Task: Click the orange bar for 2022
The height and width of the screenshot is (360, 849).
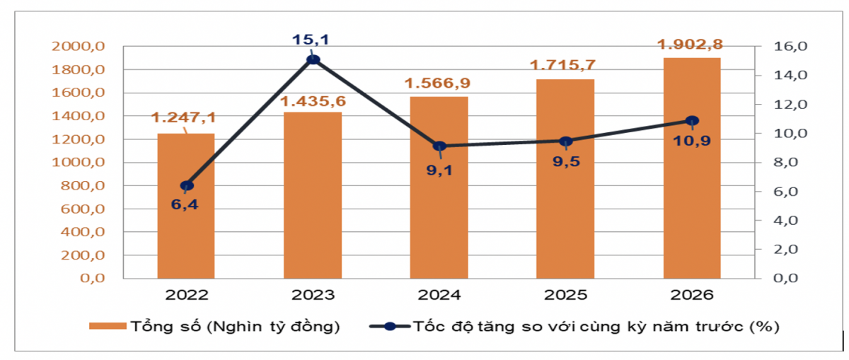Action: [186, 212]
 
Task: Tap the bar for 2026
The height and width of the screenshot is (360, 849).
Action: [692, 170]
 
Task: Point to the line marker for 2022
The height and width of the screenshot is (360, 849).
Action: [187, 186]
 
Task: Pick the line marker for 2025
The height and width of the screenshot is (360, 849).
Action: [565, 141]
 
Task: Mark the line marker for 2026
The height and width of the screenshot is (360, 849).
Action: [692, 121]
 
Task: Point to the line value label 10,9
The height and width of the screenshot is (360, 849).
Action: [692, 141]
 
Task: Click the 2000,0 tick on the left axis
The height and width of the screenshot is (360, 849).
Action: [79, 47]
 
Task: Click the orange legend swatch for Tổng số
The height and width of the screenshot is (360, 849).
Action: [107, 327]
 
